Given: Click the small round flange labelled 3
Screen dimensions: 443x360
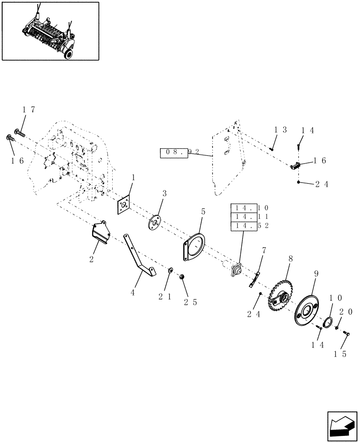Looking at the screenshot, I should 156,222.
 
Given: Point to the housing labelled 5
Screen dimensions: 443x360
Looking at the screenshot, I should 193,247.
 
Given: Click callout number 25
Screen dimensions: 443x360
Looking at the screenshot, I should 190,303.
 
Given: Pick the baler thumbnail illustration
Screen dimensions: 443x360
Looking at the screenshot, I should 50,31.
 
